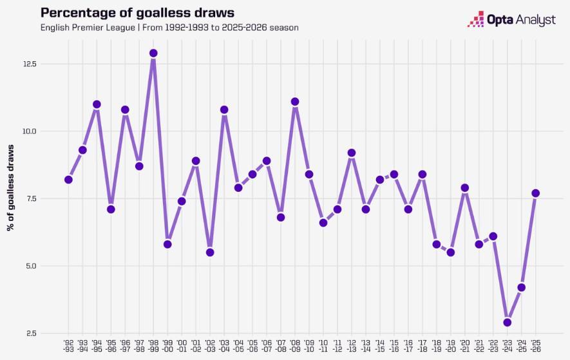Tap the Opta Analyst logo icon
click(x=475, y=19)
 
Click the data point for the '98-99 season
click(x=153, y=53)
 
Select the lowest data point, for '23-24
click(x=508, y=322)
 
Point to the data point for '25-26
click(x=535, y=193)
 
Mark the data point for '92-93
click(x=68, y=180)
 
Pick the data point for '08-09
click(x=295, y=102)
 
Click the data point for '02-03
click(x=210, y=252)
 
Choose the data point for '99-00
click(x=167, y=244)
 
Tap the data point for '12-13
click(x=352, y=153)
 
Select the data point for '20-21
click(x=465, y=188)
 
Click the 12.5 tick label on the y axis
click(x=30, y=64)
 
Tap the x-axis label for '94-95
click(x=97, y=346)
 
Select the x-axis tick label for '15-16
click(x=394, y=346)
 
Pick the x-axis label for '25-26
click(x=535, y=346)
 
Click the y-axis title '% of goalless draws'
click(x=11, y=187)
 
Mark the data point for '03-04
click(x=224, y=109)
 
